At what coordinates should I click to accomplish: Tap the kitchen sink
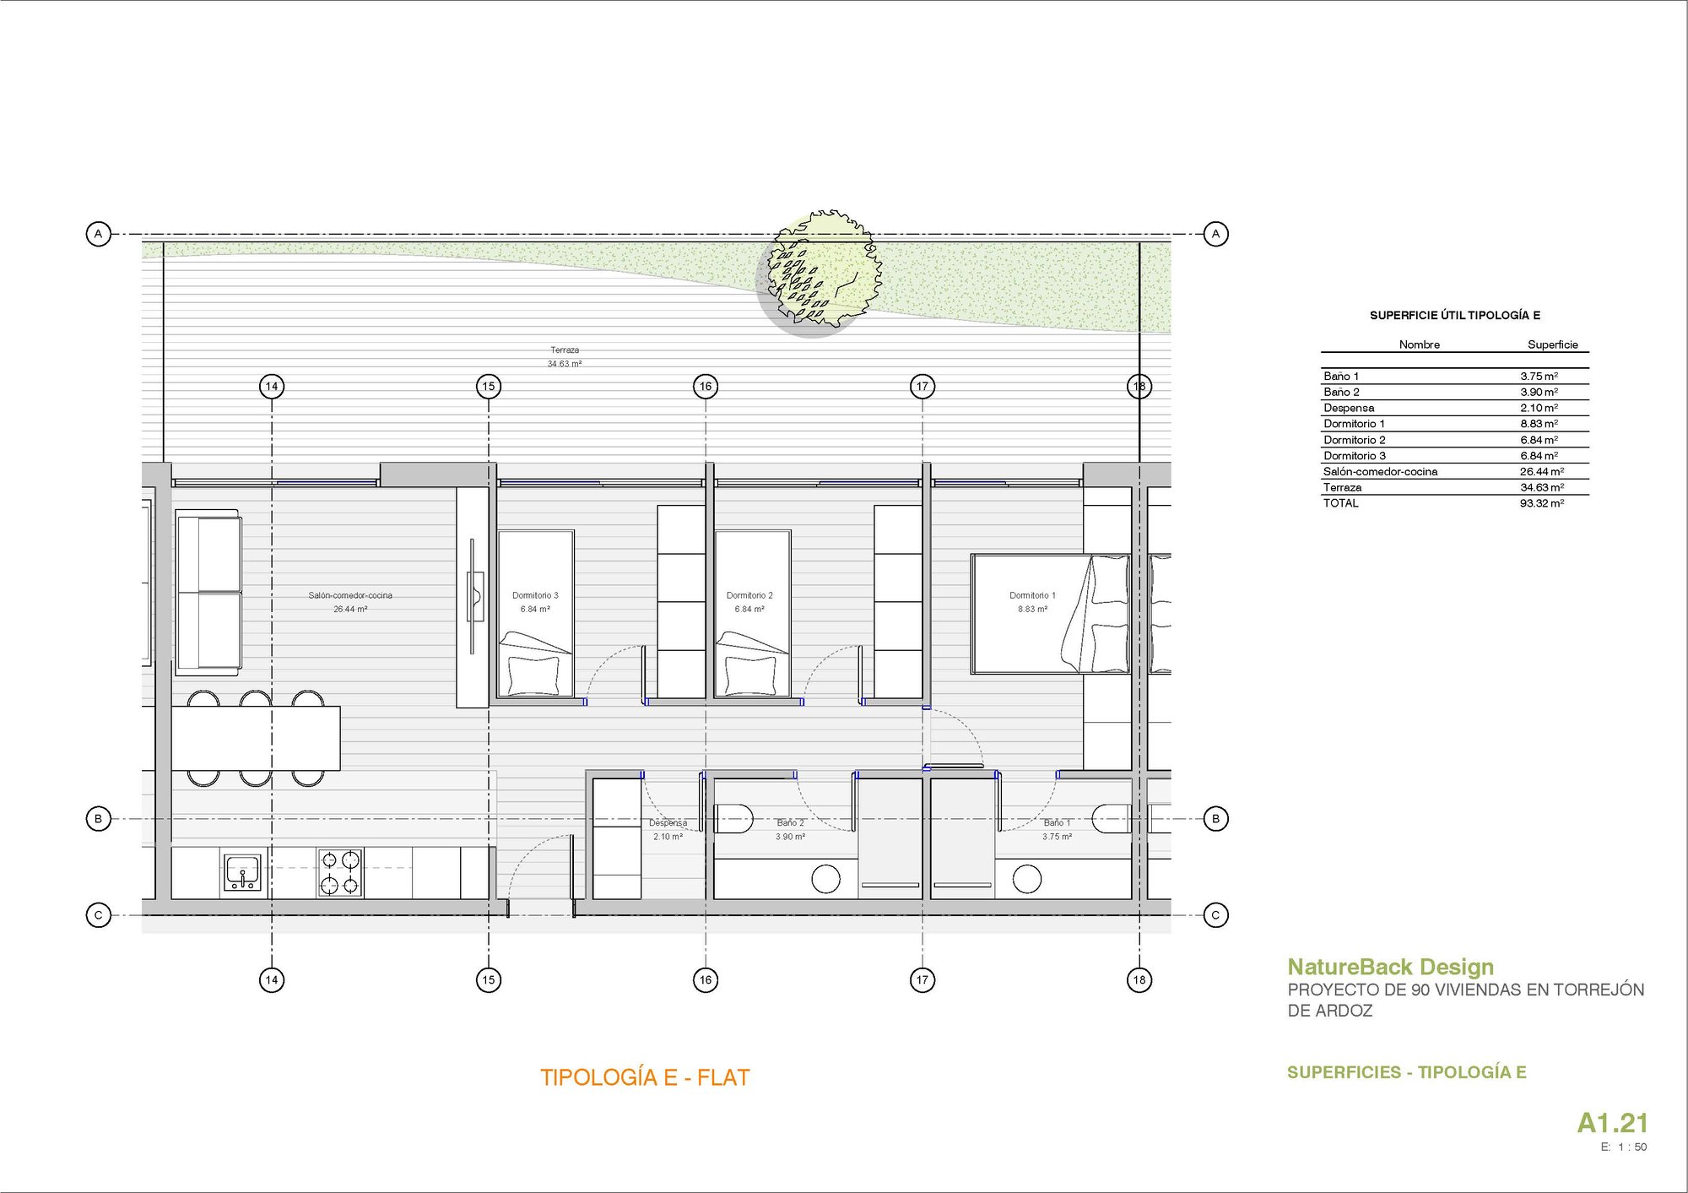243,872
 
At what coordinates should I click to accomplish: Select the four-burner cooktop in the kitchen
340,872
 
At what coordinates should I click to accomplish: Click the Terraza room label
565,350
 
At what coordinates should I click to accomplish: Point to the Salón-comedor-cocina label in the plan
350,595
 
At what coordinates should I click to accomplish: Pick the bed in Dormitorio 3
536,614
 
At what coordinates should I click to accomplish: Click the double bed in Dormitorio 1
1050,614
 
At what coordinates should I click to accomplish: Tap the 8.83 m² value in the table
1539,424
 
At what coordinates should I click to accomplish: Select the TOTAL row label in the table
1341,503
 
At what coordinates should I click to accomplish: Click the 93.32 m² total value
1541,503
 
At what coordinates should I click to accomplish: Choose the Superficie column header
1552,344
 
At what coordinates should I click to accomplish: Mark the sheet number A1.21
1612,1123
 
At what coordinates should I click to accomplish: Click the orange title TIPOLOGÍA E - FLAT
645,1077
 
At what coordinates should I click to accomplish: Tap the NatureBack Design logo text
1390,967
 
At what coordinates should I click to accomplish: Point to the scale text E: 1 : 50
1623,1147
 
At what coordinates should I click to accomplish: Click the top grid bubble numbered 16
706,387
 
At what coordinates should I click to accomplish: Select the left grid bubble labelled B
99,818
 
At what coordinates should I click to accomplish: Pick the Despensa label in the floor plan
668,822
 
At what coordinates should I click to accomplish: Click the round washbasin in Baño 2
825,879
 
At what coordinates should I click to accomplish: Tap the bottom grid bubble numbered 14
272,979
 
